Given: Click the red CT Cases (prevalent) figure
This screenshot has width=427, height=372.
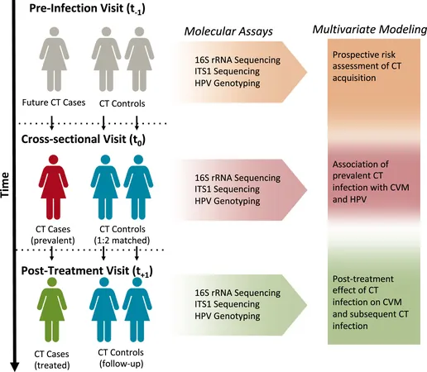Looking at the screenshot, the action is coord(53,188).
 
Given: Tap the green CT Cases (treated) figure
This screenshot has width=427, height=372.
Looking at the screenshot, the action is coord(52,309).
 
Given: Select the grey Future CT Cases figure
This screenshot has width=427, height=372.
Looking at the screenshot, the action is coord(54,60).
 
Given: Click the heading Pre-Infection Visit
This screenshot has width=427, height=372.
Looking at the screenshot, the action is coord(87,8).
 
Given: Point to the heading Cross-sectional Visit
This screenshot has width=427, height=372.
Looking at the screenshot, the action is coord(84,140).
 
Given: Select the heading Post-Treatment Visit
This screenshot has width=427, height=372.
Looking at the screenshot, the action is coord(87,271).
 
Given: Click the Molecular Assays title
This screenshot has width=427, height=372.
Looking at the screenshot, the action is coord(228,31).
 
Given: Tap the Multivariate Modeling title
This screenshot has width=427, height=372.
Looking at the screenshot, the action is coord(370,30).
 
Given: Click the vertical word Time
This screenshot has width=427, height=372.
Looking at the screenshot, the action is coord(5,184).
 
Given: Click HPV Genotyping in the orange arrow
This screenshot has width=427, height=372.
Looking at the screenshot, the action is coord(228,83).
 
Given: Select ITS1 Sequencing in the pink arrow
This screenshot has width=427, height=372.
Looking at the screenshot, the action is coord(227,189).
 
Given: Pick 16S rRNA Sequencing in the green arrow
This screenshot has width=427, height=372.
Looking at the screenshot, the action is coord(237,293).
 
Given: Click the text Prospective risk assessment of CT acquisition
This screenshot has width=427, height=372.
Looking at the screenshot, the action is coord(367,66).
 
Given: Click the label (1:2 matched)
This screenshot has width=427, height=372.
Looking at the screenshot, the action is coord(122,241).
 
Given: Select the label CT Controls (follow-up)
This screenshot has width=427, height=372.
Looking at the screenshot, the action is coord(121,358).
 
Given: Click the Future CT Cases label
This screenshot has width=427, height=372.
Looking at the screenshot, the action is coord(54,103).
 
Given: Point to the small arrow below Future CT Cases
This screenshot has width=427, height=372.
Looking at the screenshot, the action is coord(51,123).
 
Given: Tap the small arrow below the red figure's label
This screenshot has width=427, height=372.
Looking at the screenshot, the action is coord(51,254).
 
